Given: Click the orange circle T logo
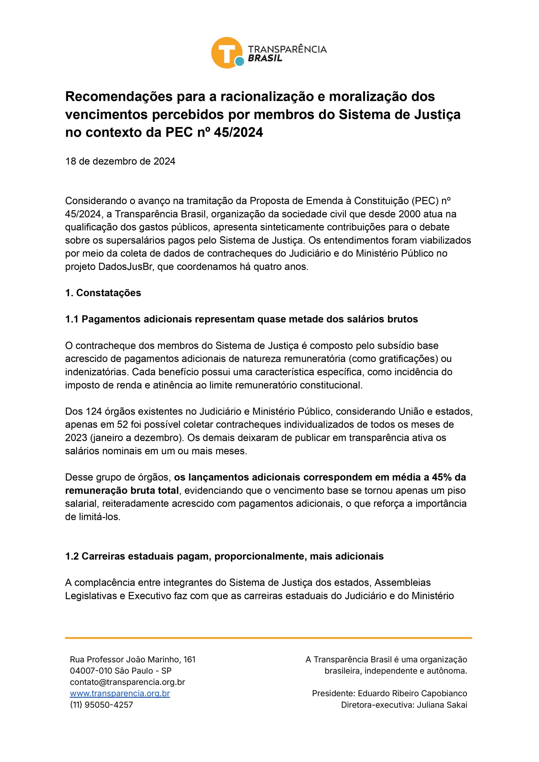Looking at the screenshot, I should (227, 52).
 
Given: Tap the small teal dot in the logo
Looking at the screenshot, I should (239, 61).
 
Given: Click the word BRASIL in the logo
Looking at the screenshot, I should (265, 58).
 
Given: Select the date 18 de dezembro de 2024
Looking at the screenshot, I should (120, 161).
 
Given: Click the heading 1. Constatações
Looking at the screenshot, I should (103, 293).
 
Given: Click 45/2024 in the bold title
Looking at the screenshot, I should (238, 132).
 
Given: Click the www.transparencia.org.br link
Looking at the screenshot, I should (120, 693).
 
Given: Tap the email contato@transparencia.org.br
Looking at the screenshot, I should (127, 682).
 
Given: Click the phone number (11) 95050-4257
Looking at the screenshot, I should (101, 705).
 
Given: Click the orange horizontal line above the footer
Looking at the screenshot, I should (268, 638).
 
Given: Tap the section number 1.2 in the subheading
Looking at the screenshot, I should (72, 556).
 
